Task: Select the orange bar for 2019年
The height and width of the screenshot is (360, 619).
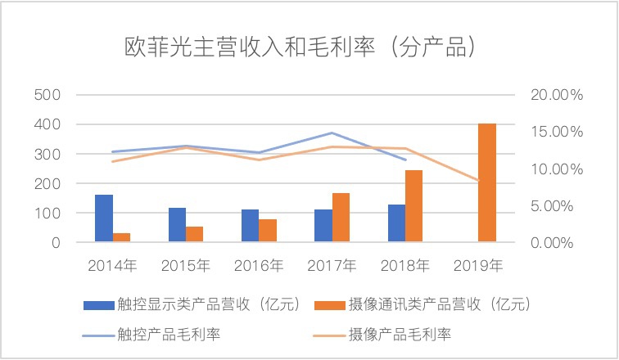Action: click(x=487, y=183)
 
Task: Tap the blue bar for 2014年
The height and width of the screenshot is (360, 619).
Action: click(x=104, y=218)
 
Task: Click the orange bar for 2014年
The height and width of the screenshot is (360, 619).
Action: click(x=121, y=237)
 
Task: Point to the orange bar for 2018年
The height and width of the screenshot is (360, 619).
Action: click(x=413, y=206)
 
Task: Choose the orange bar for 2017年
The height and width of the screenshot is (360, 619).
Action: click(x=341, y=218)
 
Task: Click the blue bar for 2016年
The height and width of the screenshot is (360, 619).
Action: click(x=250, y=226)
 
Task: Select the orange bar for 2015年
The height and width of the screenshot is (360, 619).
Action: click(x=194, y=234)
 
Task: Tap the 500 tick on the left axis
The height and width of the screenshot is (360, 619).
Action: click(x=51, y=95)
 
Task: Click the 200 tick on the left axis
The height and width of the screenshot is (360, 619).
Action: click(x=51, y=184)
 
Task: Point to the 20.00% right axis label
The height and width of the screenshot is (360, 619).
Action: click(x=557, y=95)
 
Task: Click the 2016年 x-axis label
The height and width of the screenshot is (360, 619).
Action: click(x=259, y=265)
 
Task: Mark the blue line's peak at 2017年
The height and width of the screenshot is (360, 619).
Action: click(x=332, y=133)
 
